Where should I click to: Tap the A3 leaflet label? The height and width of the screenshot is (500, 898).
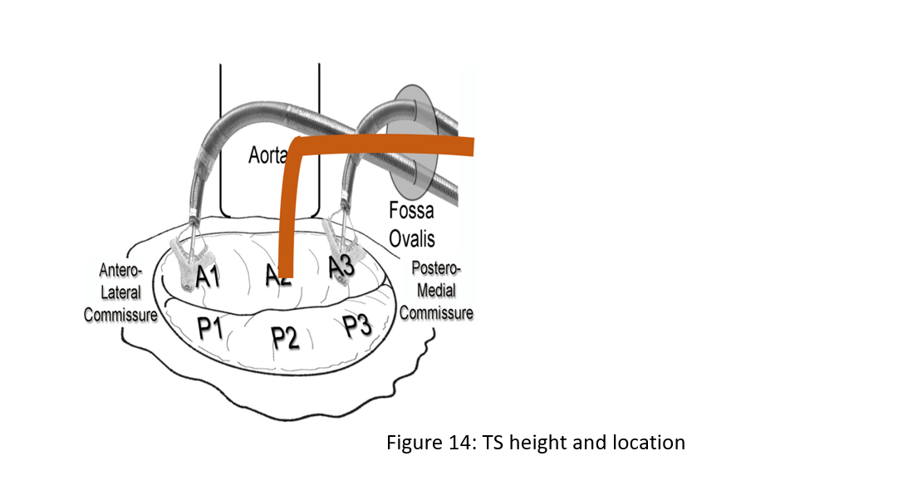tap(341, 267)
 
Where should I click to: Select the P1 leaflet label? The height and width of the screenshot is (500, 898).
tap(211, 329)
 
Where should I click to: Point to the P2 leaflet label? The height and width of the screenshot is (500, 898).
tap(285, 337)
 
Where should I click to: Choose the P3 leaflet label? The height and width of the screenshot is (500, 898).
tap(357, 326)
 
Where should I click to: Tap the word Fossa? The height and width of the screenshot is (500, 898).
tap(411, 210)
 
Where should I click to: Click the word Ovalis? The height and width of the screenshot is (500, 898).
tap(412, 238)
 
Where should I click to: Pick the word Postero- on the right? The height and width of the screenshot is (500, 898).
tap(436, 272)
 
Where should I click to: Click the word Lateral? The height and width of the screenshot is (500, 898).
tap(121, 293)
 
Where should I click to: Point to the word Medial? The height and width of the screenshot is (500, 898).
tap(436, 292)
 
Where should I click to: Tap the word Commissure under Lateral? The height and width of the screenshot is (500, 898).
tap(120, 316)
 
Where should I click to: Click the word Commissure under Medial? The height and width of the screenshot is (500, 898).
tap(436, 313)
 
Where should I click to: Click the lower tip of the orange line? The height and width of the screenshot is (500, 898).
tap(284, 273)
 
